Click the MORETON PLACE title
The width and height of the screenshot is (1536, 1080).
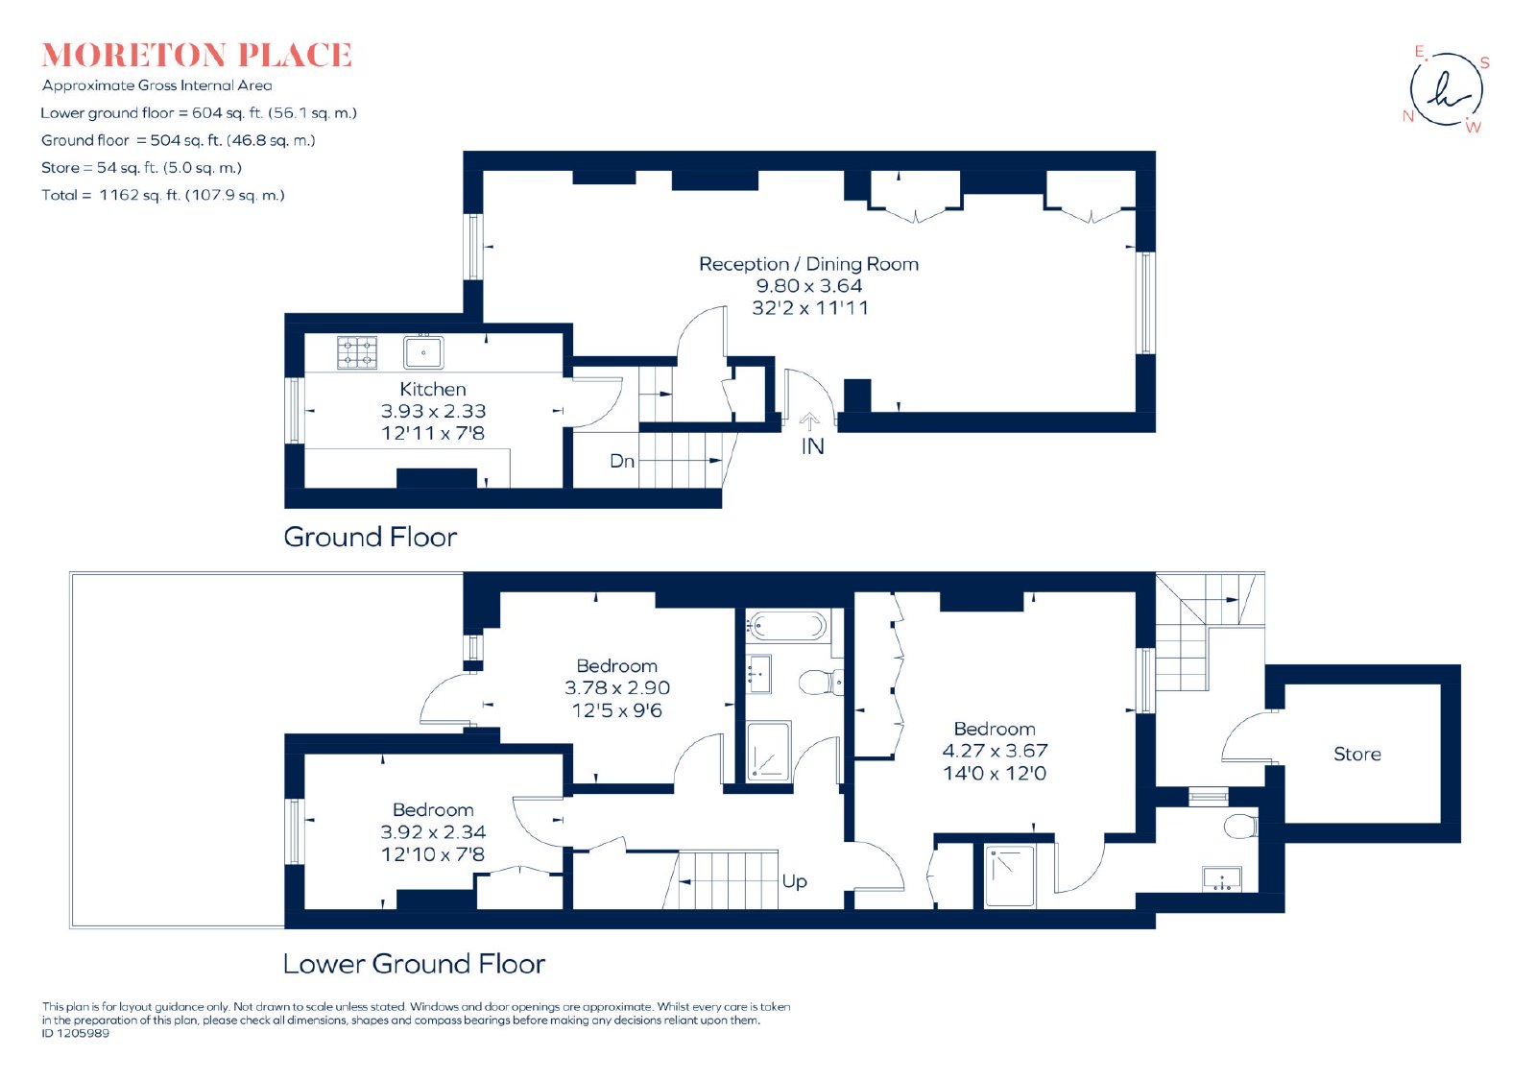[x=197, y=56]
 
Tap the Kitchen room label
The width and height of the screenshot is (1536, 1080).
[x=433, y=390]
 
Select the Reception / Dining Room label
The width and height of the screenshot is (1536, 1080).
[x=808, y=264]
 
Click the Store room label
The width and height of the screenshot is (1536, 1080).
[x=1357, y=755]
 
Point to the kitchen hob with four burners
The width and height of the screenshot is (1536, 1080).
[x=357, y=352]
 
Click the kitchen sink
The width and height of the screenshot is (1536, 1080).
[x=423, y=352]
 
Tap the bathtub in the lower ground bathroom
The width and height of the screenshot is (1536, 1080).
[x=786, y=625]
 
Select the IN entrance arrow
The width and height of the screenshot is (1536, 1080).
[x=809, y=421]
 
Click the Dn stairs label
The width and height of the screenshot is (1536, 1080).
[x=622, y=461]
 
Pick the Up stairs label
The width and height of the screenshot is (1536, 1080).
[x=794, y=881]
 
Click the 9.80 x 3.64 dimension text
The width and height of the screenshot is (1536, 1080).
[x=809, y=286]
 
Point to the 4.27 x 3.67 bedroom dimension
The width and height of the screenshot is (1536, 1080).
[x=995, y=751]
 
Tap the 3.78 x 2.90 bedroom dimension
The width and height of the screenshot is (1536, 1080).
[x=617, y=687]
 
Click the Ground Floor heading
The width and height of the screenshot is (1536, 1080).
[x=371, y=537]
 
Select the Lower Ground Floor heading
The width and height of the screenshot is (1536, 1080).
[x=414, y=964]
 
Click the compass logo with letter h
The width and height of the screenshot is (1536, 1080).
[x=1447, y=89]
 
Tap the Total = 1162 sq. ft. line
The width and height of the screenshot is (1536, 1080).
[x=162, y=195]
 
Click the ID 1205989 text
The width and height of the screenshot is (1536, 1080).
[x=76, y=1033]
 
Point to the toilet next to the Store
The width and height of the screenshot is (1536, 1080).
[x=1240, y=827]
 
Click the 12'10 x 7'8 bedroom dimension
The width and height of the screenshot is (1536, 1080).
[x=433, y=854]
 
